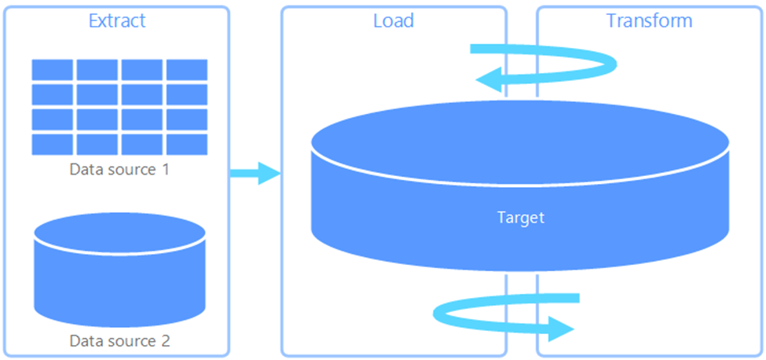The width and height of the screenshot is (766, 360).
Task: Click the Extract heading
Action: click(117, 20)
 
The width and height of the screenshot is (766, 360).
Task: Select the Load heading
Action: click(393, 20)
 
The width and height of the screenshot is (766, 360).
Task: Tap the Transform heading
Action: click(649, 20)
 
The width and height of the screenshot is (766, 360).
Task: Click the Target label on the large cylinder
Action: click(521, 218)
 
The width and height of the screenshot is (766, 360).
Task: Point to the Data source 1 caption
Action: click(119, 169)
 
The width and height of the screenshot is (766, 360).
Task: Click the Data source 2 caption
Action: click(119, 341)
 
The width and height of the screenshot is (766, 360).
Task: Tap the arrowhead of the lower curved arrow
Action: click(559, 328)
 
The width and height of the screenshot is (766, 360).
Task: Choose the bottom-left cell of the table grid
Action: click(53, 144)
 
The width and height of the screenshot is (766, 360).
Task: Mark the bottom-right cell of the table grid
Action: click(187, 144)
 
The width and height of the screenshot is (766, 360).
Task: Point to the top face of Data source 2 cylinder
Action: click(119, 233)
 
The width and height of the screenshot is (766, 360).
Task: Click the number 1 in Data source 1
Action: click(165, 169)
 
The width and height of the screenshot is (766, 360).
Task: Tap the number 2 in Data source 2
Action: click(165, 341)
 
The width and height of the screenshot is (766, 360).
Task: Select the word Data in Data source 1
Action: click(85, 169)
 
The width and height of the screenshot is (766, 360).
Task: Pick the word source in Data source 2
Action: click(130, 342)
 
